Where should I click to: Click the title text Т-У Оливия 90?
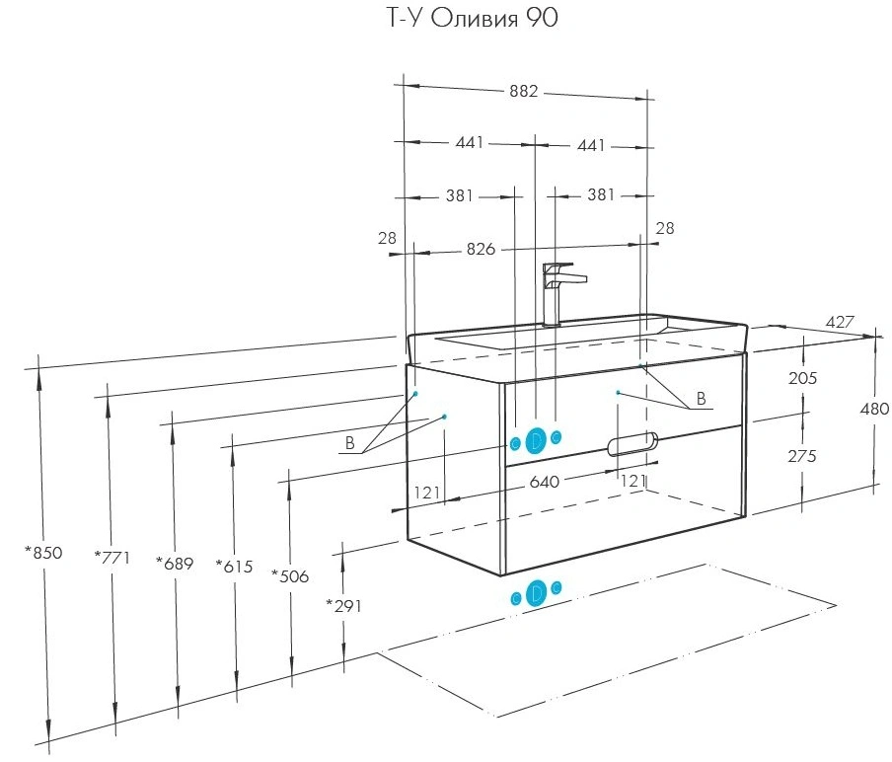[x=473, y=18]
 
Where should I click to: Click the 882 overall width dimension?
[x=523, y=91]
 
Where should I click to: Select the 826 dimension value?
[x=481, y=249]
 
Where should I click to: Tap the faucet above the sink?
[x=561, y=294]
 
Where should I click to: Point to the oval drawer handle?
[x=632, y=444]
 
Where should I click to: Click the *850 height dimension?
[x=43, y=552]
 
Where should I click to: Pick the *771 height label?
[x=112, y=557]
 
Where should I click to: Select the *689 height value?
[x=175, y=564]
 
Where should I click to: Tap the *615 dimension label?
[x=234, y=567]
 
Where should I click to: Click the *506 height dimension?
[x=290, y=575]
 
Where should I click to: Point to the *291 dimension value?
[x=343, y=605]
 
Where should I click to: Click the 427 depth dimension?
[x=840, y=322]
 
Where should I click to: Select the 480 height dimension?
[x=874, y=409]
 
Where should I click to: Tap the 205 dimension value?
[x=802, y=378]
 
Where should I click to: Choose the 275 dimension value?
[x=802, y=456]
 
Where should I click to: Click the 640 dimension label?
[x=545, y=482]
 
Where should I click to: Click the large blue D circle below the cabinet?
[x=536, y=593]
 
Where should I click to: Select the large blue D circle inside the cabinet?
[x=536, y=441]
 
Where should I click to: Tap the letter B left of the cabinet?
[x=350, y=443]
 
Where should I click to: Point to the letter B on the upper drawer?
[x=701, y=399]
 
